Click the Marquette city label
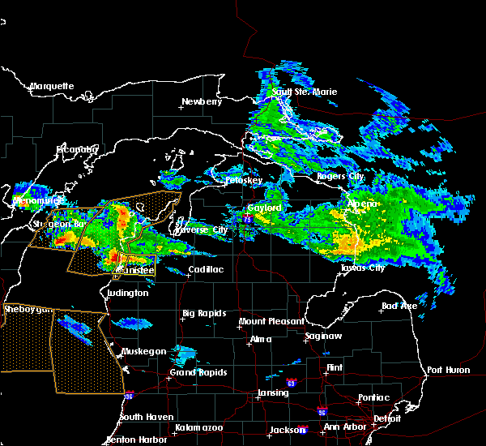[53, 86]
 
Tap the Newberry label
[201, 101]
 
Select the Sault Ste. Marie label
[292, 92]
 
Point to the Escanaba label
[77, 149]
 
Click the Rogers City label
[343, 176]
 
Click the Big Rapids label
[204, 313]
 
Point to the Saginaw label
[322, 336]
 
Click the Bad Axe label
[399, 307]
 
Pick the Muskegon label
[145, 351]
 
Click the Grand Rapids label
[198, 373]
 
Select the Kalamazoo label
[198, 427]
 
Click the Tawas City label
[363, 268]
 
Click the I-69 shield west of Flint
[291, 380]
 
